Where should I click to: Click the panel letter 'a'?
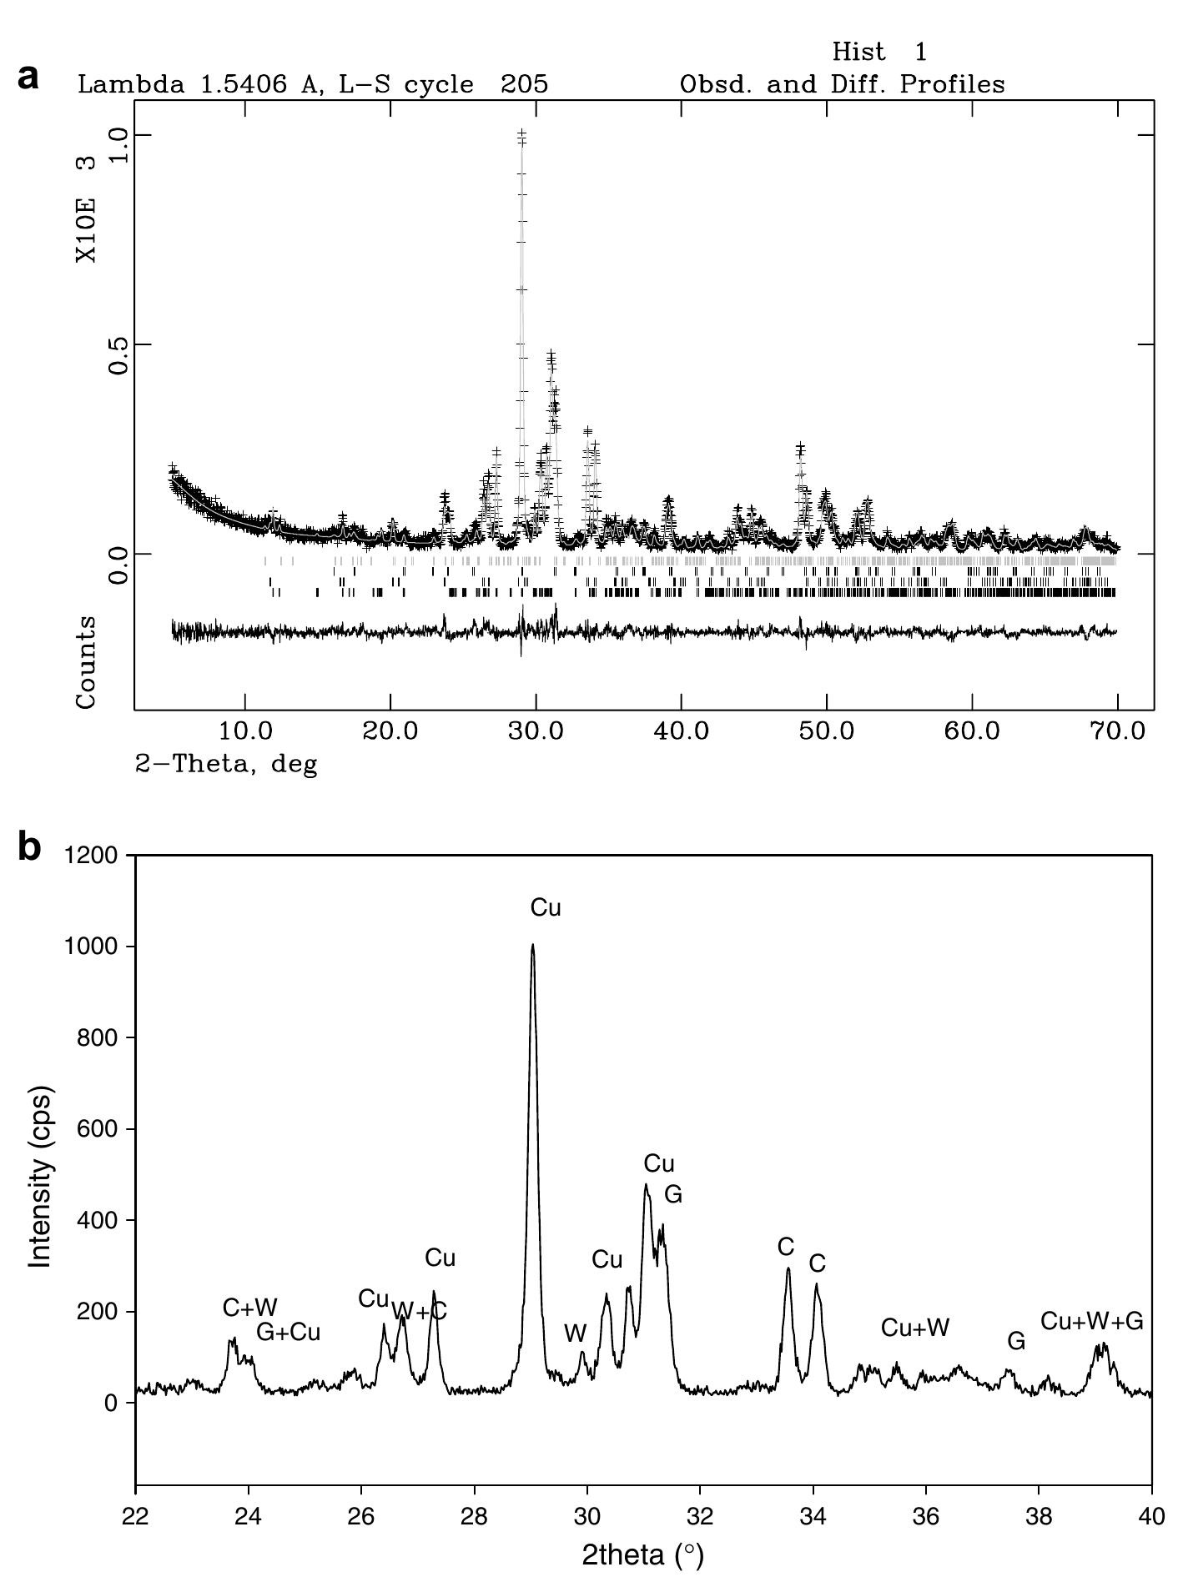(28, 77)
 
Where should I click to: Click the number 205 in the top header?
(524, 84)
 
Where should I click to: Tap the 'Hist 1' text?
(878, 53)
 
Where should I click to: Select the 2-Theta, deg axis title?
(227, 764)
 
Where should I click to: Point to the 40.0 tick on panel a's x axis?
(681, 731)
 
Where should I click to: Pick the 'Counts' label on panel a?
(87, 663)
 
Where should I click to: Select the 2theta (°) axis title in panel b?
(642, 1555)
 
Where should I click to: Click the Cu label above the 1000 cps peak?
(546, 908)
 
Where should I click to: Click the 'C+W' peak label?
(249, 1307)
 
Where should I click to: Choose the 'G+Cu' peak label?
(288, 1332)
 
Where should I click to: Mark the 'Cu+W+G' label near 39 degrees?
(1091, 1321)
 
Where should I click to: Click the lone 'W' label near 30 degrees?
(575, 1333)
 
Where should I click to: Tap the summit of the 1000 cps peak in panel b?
(532, 946)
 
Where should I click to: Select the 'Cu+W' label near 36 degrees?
(915, 1328)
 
